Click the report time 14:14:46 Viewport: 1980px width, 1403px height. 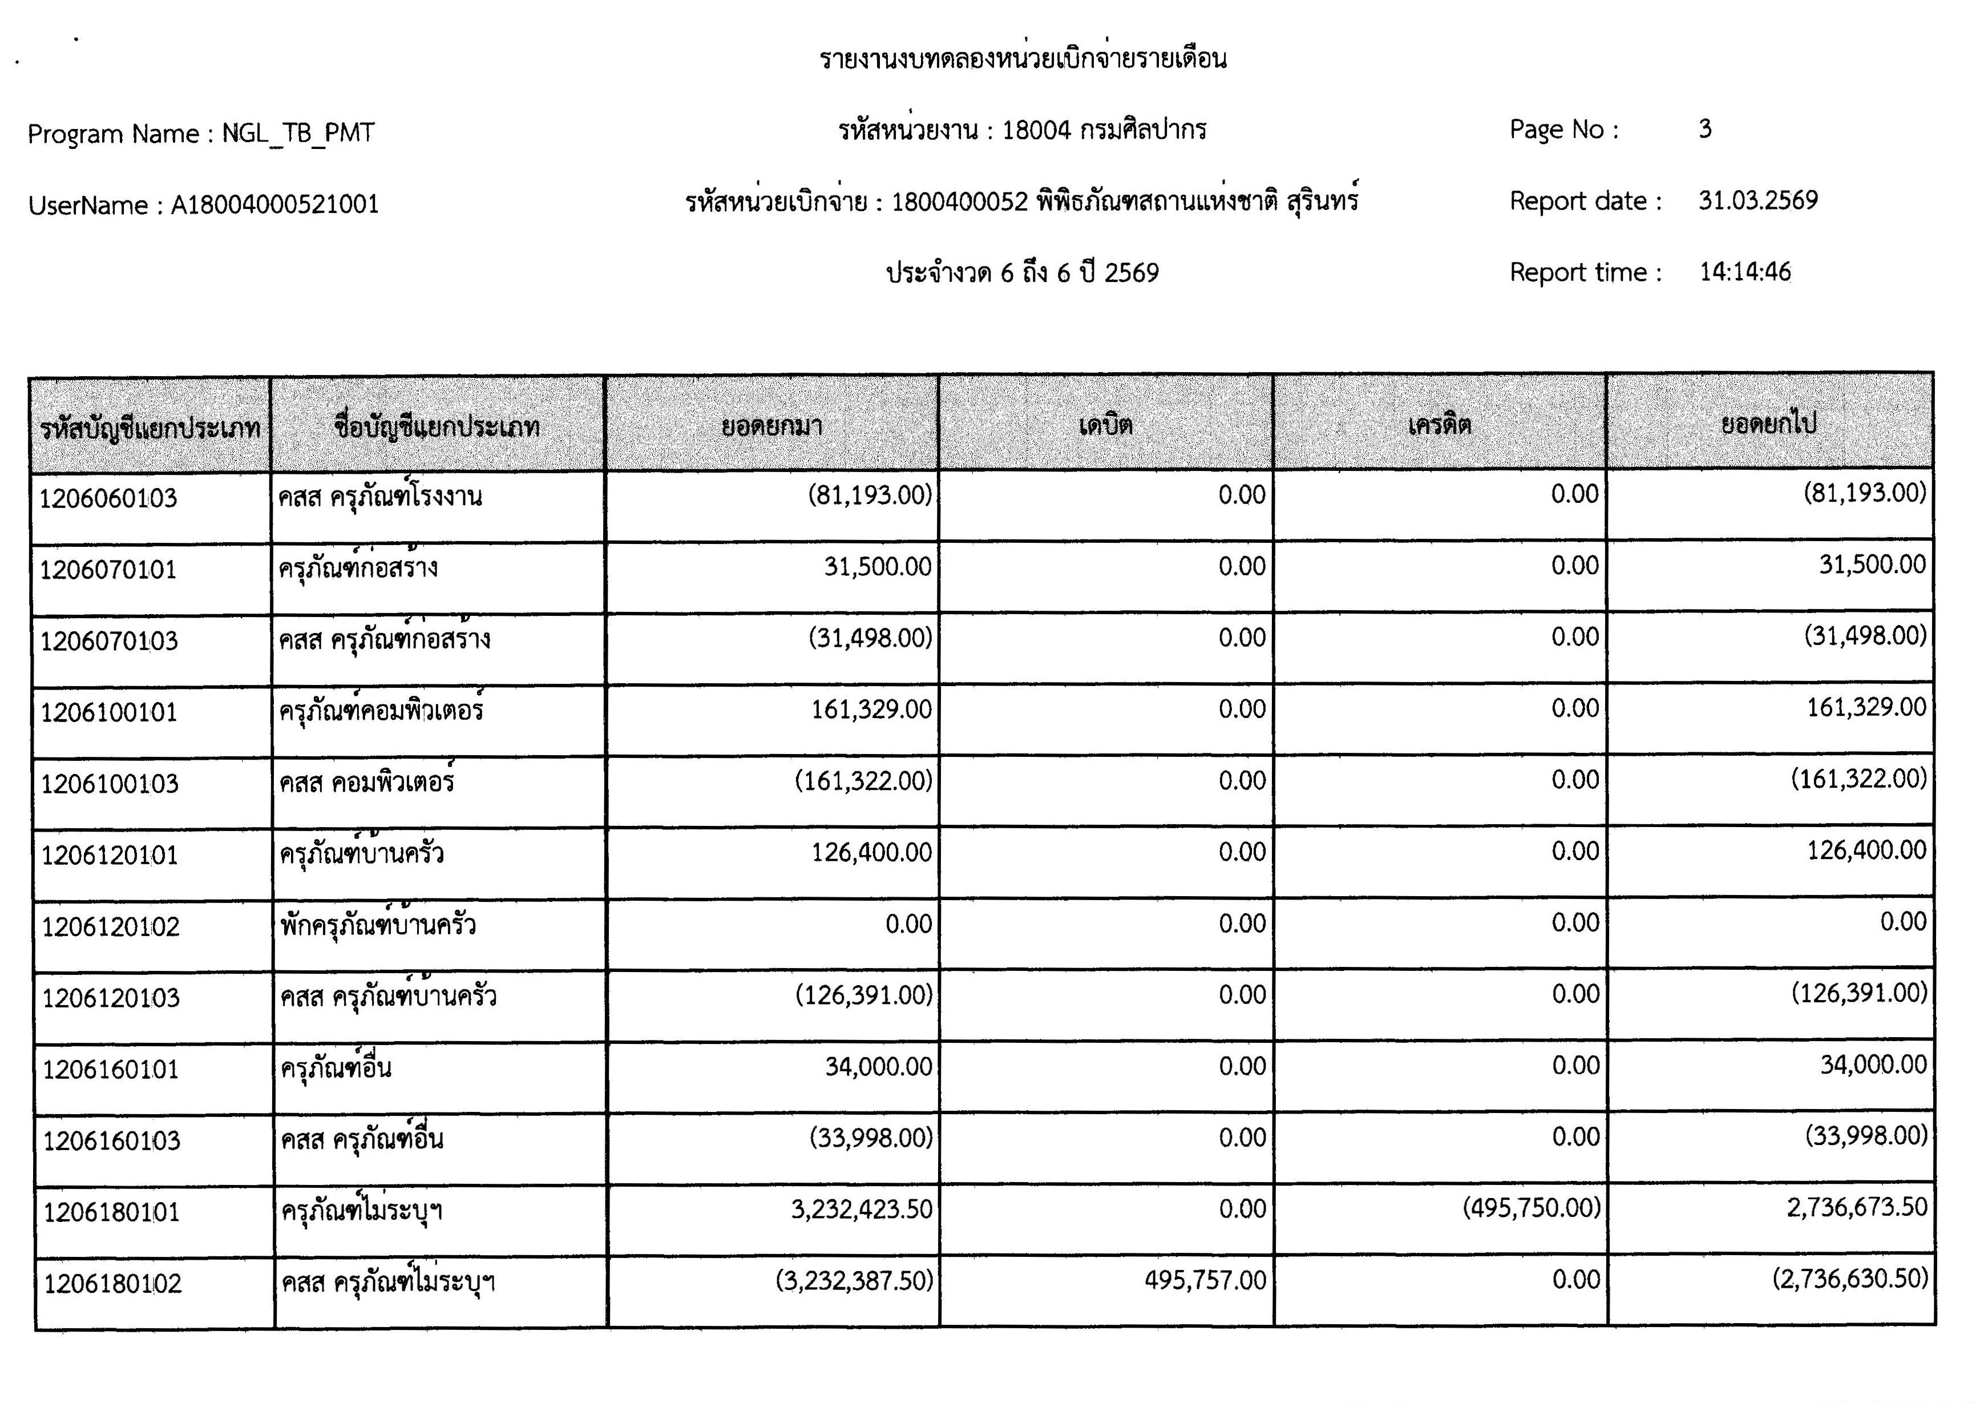pos(1744,272)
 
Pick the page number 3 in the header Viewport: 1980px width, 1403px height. pos(1704,130)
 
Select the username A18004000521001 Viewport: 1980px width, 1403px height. pos(274,205)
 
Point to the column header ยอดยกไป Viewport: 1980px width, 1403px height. pos(1768,424)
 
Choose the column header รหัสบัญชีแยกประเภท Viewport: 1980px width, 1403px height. pos(150,428)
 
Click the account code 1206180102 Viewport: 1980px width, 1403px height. pos(113,1284)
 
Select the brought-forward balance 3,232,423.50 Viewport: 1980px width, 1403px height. pos(861,1208)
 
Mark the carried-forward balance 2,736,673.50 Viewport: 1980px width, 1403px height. pos(1857,1207)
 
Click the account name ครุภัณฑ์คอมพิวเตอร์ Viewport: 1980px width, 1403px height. pos(381,711)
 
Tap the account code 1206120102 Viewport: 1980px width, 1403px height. pos(111,927)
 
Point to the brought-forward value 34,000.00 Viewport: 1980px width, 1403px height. pos(878,1066)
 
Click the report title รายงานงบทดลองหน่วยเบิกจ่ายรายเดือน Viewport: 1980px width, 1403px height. pos(1023,59)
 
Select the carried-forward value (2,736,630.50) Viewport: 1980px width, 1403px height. pos(1849,1279)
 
